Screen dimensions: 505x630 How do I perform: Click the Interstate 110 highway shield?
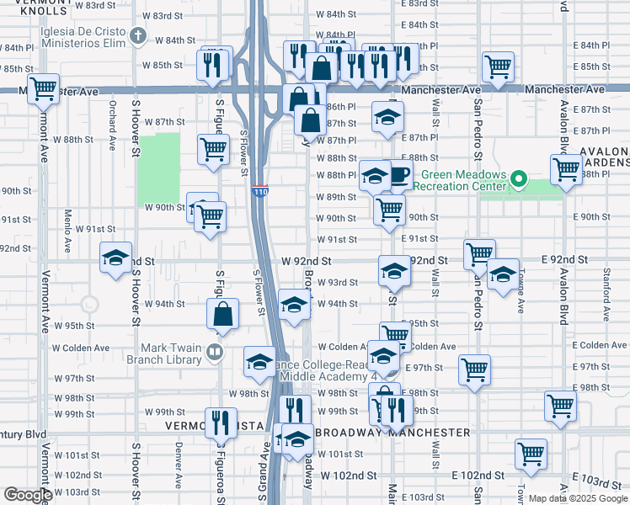coord(260,193)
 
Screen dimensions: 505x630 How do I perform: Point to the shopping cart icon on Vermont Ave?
coord(42,88)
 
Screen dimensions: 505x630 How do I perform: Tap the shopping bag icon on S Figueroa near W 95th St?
coord(223,315)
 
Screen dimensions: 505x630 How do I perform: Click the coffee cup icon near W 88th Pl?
coord(398,175)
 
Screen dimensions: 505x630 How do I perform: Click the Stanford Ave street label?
coord(606,295)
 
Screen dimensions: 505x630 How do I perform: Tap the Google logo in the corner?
coord(27,495)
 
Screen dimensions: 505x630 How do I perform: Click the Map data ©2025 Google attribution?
coord(578,498)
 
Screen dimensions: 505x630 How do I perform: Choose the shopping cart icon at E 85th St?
coord(498,66)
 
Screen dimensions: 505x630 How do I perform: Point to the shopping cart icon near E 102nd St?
coord(531,454)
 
